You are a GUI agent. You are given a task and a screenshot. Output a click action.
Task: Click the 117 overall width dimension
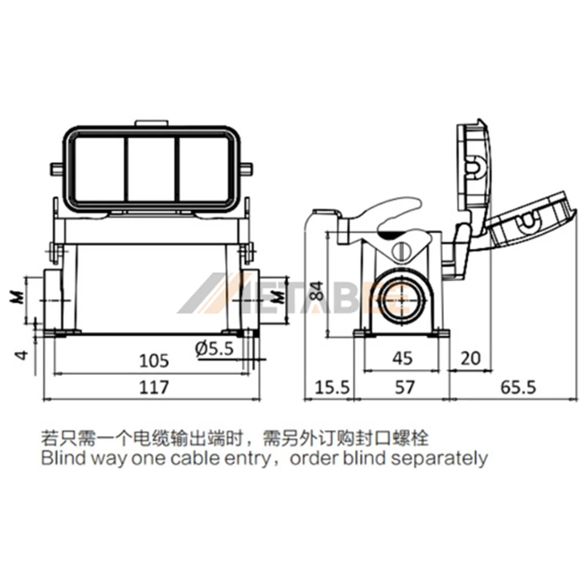[154, 388]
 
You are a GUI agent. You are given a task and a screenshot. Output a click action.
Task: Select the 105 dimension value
[154, 361]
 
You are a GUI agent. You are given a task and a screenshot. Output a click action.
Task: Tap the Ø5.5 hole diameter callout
[214, 348]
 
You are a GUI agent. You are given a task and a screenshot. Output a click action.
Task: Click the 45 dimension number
[403, 358]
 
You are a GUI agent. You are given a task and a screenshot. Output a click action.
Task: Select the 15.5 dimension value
[332, 388]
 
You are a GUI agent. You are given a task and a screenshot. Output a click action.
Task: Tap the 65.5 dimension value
[518, 388]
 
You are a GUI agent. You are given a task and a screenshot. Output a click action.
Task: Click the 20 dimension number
[471, 358]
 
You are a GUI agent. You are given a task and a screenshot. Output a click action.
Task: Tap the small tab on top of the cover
[151, 123]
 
